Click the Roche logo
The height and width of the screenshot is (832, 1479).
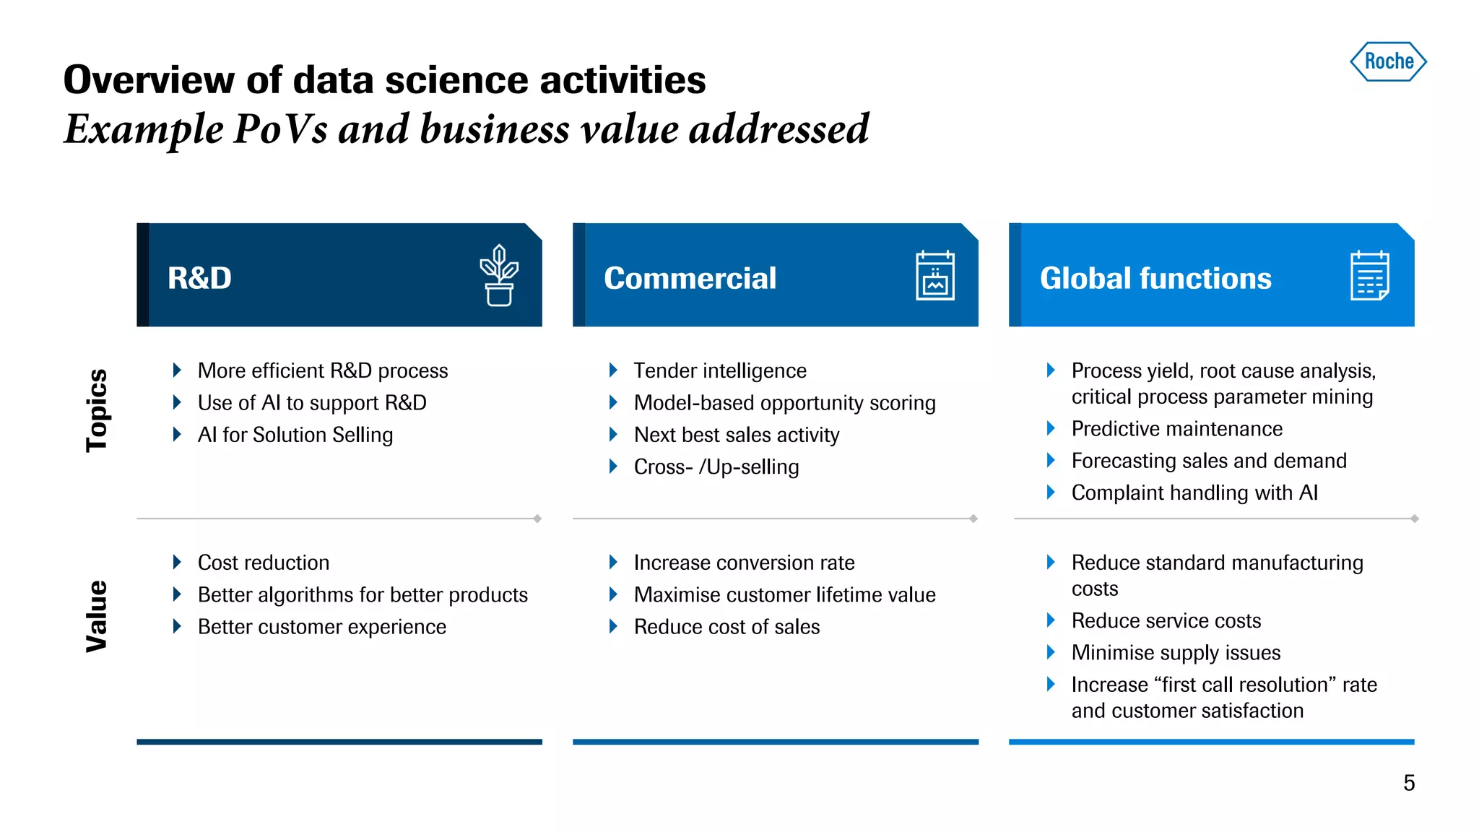(x=1388, y=61)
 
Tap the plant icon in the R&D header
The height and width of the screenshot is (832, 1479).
(x=499, y=276)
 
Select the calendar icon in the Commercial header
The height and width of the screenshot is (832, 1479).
(x=934, y=275)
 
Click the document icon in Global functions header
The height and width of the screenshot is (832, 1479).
(x=1369, y=275)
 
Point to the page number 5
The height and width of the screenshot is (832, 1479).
(x=1409, y=783)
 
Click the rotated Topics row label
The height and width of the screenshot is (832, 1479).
(x=97, y=410)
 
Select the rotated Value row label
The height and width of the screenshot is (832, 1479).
(x=97, y=616)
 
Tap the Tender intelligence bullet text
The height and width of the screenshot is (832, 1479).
(x=720, y=370)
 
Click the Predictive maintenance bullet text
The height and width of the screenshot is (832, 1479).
(x=1176, y=429)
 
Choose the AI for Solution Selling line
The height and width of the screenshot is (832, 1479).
(x=295, y=435)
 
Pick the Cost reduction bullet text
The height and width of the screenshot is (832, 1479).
(x=264, y=563)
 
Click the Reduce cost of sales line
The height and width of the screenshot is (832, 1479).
(x=727, y=627)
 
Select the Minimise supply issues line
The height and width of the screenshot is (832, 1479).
(x=1176, y=653)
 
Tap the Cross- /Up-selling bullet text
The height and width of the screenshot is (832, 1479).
(x=716, y=467)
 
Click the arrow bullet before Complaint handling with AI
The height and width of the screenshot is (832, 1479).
(x=1051, y=493)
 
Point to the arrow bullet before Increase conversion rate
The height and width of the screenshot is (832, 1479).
(x=613, y=562)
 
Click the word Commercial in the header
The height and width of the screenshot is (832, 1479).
(x=690, y=278)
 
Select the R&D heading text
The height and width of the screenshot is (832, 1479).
(x=199, y=278)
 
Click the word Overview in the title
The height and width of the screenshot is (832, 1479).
(x=149, y=79)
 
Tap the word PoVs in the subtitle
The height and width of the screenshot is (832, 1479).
(x=280, y=129)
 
